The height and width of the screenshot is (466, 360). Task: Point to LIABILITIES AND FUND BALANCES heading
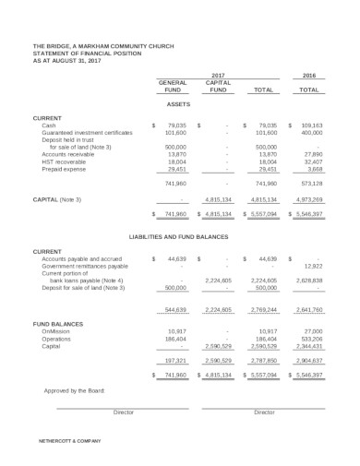click(x=179, y=236)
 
